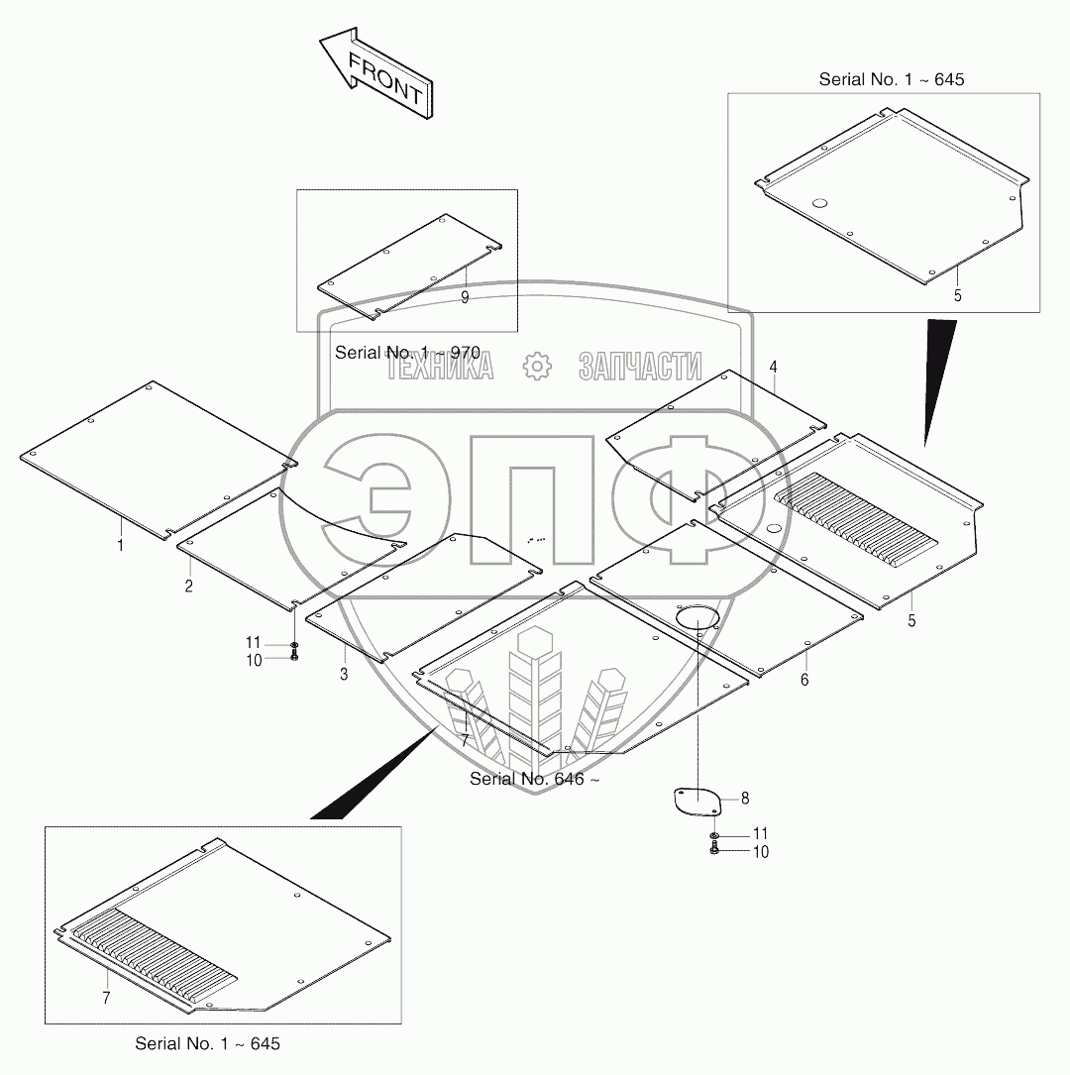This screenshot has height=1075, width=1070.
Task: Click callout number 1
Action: [121, 544]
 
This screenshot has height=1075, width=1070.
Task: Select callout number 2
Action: [187, 586]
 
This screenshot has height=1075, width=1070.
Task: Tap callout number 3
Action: [344, 675]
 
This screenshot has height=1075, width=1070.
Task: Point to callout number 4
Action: [773, 367]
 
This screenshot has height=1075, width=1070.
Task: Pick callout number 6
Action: [804, 680]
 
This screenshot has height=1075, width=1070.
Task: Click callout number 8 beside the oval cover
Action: [745, 797]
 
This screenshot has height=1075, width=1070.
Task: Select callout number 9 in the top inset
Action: [465, 296]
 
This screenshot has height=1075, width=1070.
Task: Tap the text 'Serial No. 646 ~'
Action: [535, 779]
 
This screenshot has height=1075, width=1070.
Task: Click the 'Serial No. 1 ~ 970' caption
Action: [407, 353]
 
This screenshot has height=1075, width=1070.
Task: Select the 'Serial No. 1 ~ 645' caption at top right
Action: [891, 79]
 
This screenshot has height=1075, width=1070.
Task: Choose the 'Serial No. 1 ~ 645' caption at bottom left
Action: [207, 1044]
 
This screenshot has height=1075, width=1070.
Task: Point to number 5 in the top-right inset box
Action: [958, 295]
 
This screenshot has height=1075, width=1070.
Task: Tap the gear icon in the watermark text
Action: [536, 367]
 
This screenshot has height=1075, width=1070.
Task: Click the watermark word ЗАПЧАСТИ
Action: [640, 367]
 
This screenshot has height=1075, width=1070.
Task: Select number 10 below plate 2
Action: [255, 660]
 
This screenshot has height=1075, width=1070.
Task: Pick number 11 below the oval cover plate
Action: [761, 834]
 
